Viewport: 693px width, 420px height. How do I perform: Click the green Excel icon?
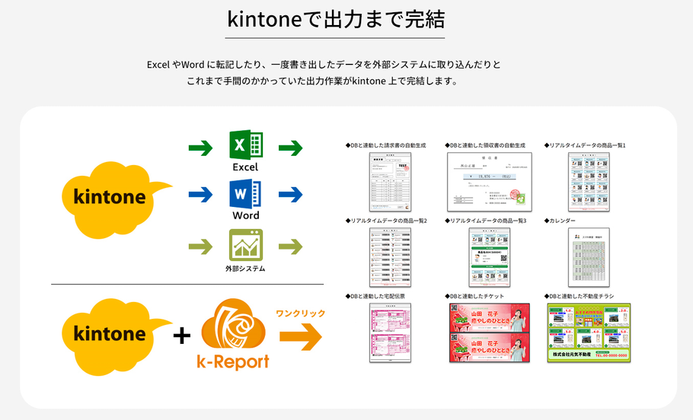245,145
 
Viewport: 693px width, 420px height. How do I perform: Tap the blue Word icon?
245,194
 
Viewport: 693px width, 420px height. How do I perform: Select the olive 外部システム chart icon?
245,245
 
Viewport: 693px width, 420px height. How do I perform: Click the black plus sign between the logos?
181,335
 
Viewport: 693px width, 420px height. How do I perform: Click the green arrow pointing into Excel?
201,147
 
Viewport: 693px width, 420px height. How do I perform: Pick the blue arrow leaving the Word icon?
291,196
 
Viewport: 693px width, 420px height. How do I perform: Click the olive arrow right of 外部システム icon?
291,247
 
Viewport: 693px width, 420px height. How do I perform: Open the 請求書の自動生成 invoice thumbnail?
390,181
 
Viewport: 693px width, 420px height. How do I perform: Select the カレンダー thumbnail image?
589,256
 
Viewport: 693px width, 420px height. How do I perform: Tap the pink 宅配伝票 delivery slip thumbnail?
390,332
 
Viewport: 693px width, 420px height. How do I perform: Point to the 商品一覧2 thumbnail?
390,256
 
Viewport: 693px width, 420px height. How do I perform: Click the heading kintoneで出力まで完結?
336,20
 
